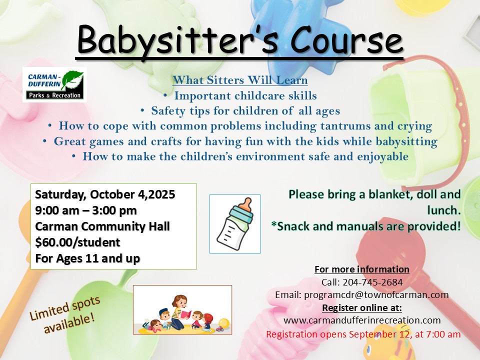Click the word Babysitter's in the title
point(178,40)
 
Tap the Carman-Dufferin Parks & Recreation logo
point(55,84)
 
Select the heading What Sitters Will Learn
point(240,80)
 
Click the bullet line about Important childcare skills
point(240,95)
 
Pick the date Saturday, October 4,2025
point(105,194)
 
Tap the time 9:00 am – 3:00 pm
point(85,210)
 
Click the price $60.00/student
point(77,242)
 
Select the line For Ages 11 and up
point(87,258)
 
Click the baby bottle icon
point(235,224)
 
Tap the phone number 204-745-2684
point(372,282)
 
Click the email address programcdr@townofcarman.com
point(376,295)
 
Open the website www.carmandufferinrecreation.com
point(362,320)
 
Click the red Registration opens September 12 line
point(363,334)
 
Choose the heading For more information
point(362,269)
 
